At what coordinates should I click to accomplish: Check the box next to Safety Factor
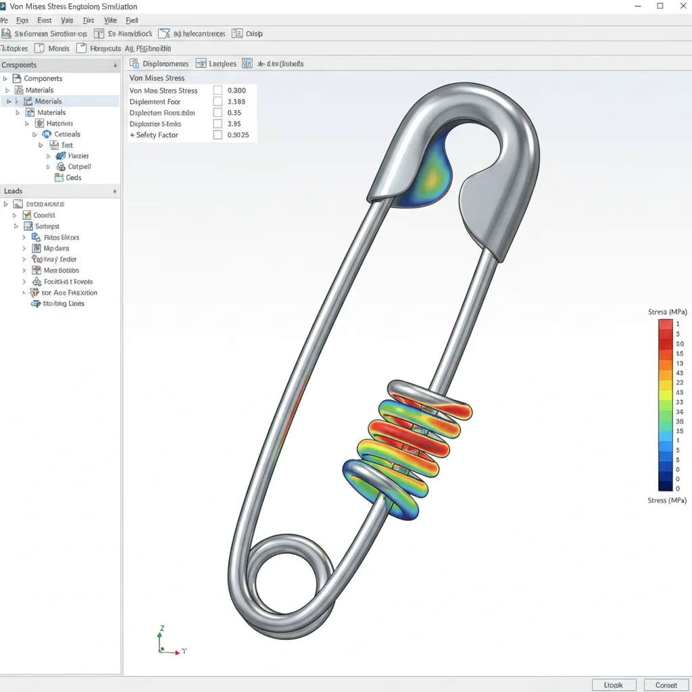[218, 135]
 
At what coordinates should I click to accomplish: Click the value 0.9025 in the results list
[238, 135]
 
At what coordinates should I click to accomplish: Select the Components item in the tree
[43, 78]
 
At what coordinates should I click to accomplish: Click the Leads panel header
[14, 191]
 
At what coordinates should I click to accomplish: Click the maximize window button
[660, 6]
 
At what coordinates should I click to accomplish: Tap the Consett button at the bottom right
[666, 685]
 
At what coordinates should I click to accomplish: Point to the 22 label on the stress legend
[679, 382]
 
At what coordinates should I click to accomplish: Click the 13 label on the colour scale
[679, 364]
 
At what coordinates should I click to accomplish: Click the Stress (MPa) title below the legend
[666, 501]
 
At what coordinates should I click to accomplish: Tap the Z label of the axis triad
[162, 628]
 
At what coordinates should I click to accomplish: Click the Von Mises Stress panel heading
[157, 78]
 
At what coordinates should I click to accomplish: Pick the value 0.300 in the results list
[237, 90]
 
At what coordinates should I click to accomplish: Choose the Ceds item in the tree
[73, 178]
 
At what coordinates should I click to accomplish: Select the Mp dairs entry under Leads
[56, 249]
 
